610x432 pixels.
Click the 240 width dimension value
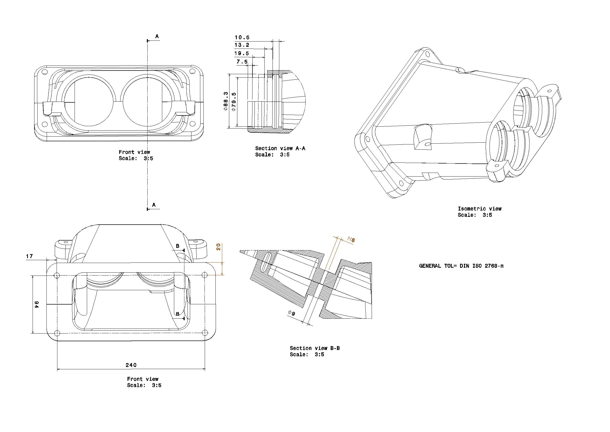(x=131, y=365)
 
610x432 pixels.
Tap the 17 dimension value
(x=29, y=256)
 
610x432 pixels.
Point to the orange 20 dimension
(x=218, y=247)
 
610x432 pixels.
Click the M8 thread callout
(x=351, y=240)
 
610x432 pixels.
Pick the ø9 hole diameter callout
(x=292, y=313)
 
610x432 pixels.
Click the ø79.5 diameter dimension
(x=234, y=101)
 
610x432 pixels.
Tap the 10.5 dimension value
(x=242, y=38)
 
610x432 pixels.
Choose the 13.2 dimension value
(x=242, y=45)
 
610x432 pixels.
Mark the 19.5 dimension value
(x=241, y=54)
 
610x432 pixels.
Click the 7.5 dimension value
(x=242, y=62)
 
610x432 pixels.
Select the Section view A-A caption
(x=280, y=148)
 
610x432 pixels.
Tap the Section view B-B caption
(x=315, y=348)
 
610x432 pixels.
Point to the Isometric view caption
(x=480, y=209)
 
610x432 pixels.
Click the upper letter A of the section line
(x=157, y=37)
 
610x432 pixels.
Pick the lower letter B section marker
(x=178, y=314)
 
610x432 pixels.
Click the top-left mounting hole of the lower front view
(x=57, y=275)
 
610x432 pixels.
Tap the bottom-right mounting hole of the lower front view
(x=205, y=332)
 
